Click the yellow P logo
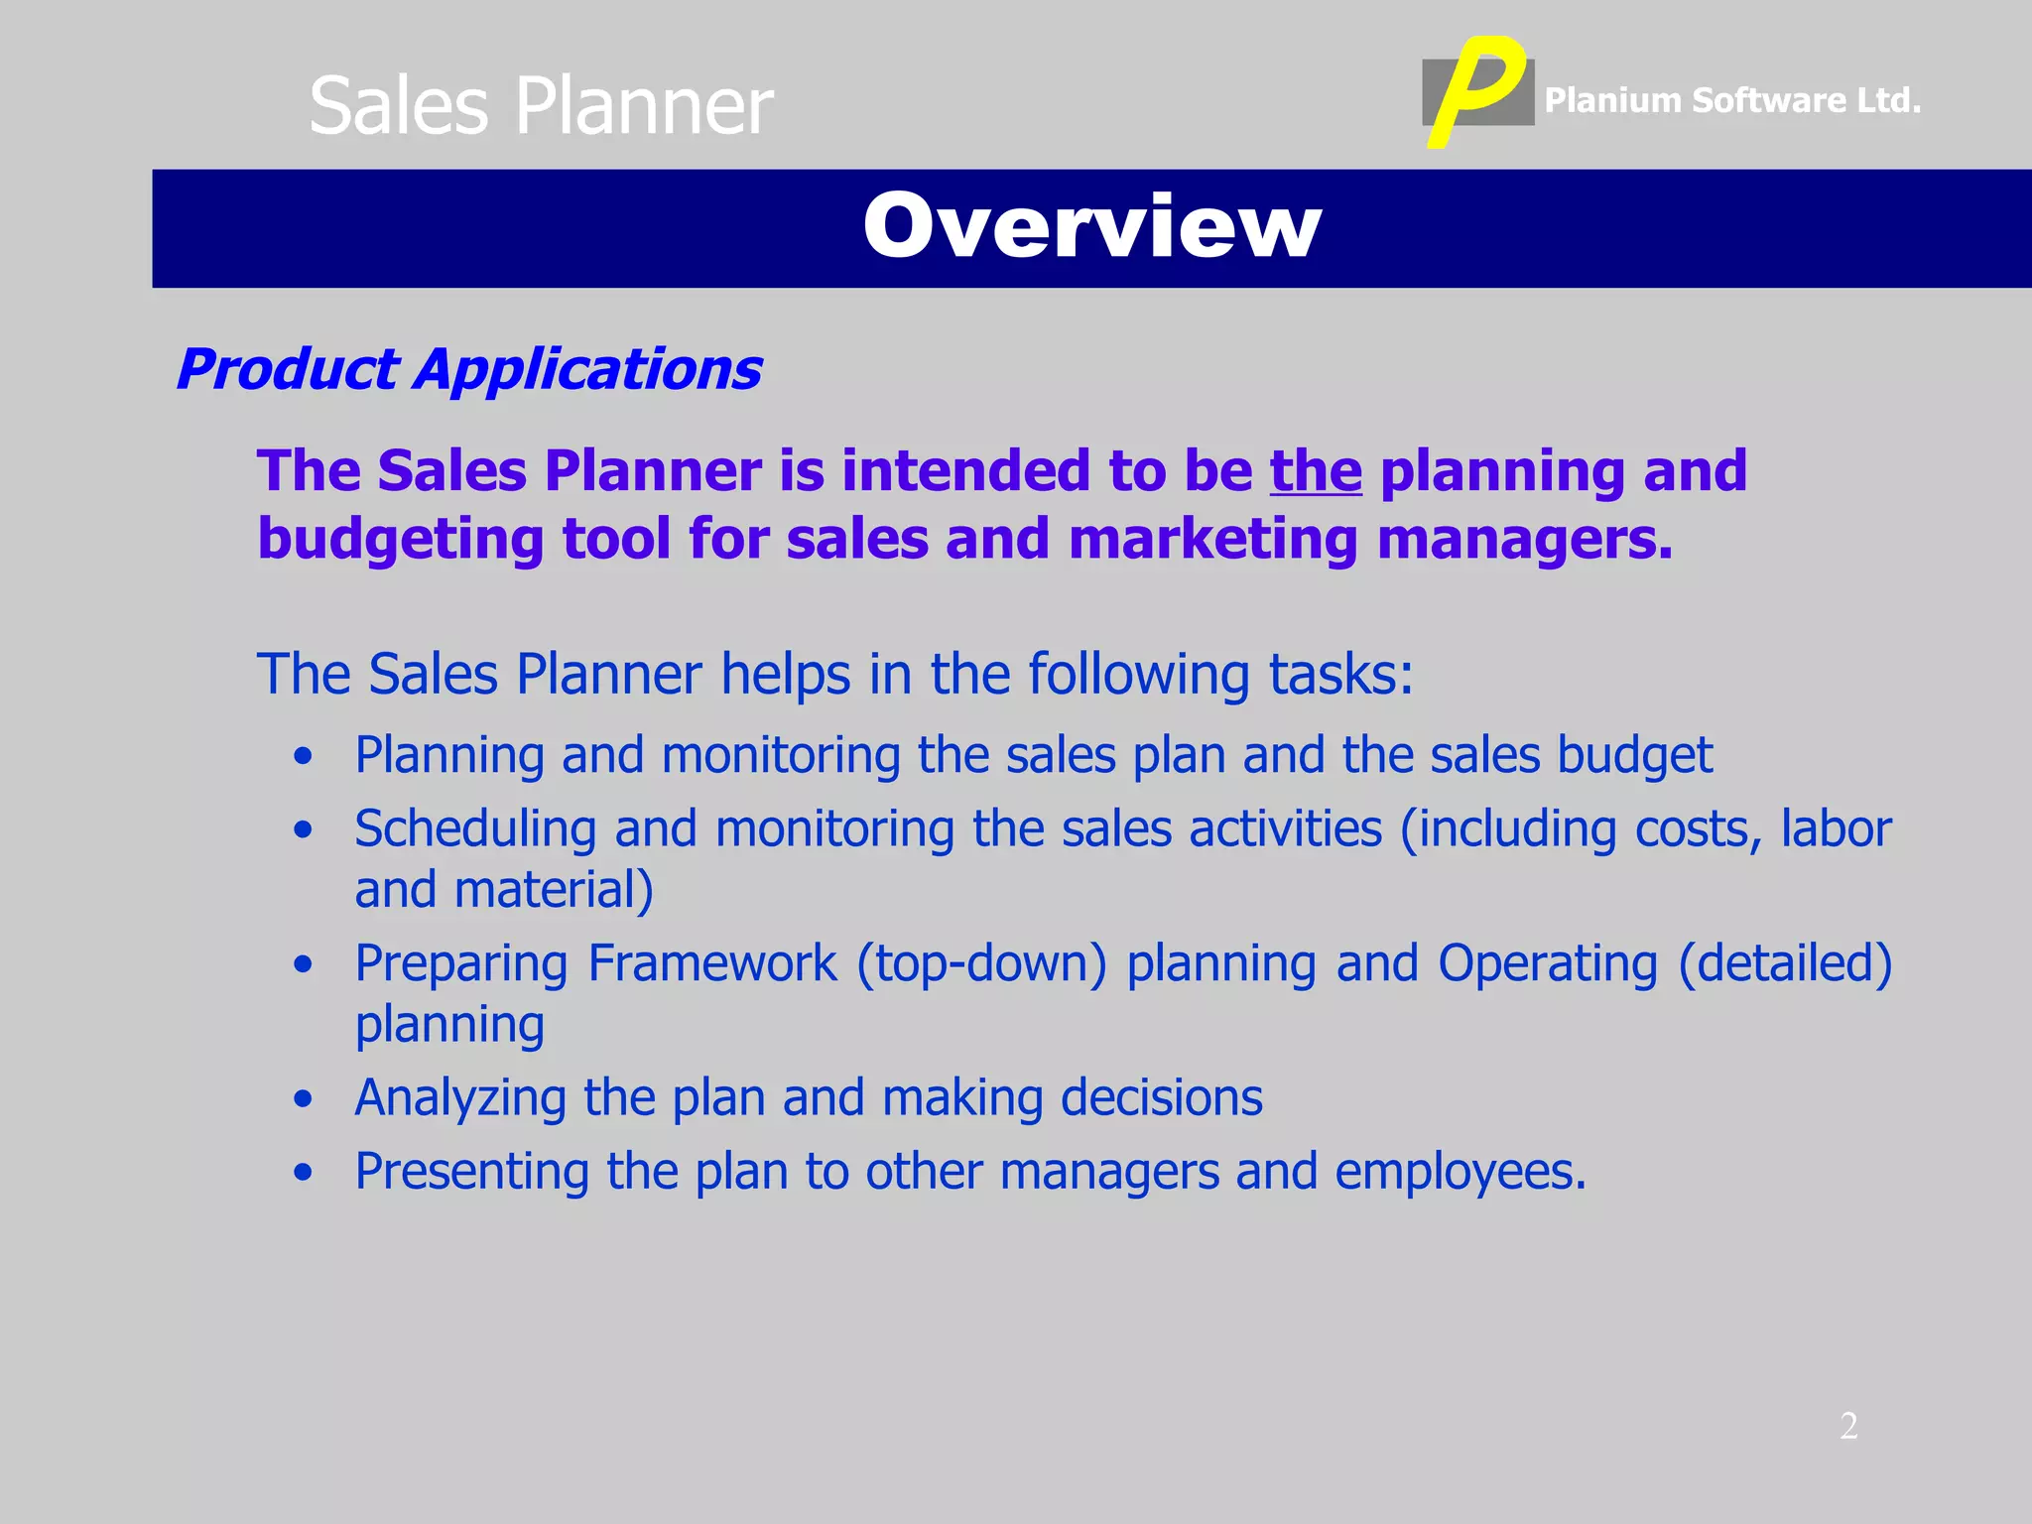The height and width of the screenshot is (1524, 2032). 1475,89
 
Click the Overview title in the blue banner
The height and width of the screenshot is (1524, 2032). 1091,227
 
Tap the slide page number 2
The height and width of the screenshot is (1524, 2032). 1848,1426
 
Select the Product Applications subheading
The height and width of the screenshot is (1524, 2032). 469,369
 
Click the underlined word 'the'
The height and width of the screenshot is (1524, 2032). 1316,470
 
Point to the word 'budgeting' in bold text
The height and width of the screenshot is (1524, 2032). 400,541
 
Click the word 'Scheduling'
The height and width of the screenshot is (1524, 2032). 475,828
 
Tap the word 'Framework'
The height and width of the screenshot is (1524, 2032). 711,963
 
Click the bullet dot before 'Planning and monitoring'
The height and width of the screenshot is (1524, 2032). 304,757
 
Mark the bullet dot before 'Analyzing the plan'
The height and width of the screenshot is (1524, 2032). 304,1099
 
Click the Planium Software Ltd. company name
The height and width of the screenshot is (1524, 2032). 1732,100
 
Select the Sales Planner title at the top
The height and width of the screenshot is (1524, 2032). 541,106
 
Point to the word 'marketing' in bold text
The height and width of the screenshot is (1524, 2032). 1212,541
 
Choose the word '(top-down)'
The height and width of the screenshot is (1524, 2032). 981,963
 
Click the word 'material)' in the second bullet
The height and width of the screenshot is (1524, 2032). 554,890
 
